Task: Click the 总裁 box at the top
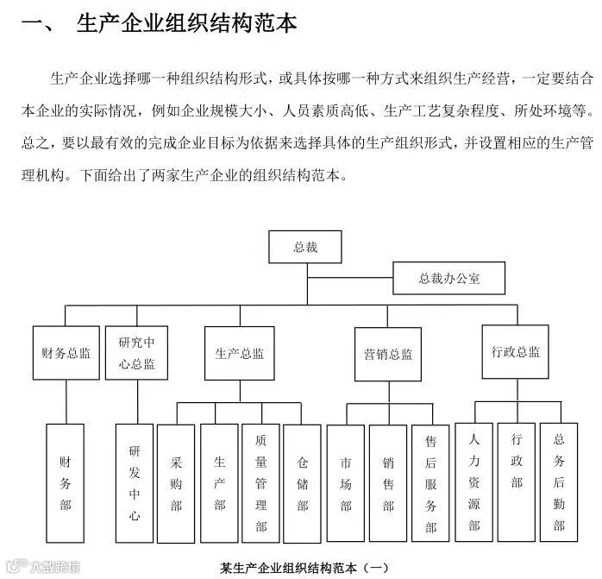click(305, 247)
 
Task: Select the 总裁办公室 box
click(449, 278)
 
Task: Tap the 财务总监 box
click(66, 352)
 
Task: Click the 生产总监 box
click(240, 352)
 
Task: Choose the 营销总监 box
click(388, 353)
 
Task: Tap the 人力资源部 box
click(473, 481)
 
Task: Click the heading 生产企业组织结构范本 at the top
click(186, 23)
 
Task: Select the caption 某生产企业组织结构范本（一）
click(305, 567)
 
